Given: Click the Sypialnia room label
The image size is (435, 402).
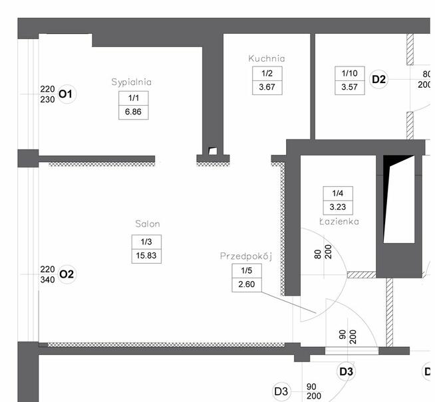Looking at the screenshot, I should click(132, 82).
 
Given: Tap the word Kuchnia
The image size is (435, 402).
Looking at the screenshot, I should click(267, 58).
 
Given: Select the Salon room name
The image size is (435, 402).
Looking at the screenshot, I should click(147, 224).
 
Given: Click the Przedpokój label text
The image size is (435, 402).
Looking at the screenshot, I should click(247, 256).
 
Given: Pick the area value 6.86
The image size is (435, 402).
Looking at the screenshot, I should click(133, 112).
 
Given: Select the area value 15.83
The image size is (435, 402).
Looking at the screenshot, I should click(147, 255).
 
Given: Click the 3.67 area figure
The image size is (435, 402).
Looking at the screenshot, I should click(267, 88).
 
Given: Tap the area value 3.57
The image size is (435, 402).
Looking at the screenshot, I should click(350, 88).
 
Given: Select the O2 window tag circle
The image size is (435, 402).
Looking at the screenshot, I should click(67, 274).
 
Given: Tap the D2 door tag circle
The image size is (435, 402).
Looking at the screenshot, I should click(378, 80).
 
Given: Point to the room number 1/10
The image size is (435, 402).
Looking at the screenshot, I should click(350, 73).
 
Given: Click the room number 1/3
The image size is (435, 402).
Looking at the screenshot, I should click(147, 241).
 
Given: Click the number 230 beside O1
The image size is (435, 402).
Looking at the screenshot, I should click(47, 99).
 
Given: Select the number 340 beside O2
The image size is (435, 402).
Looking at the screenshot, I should click(47, 279).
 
